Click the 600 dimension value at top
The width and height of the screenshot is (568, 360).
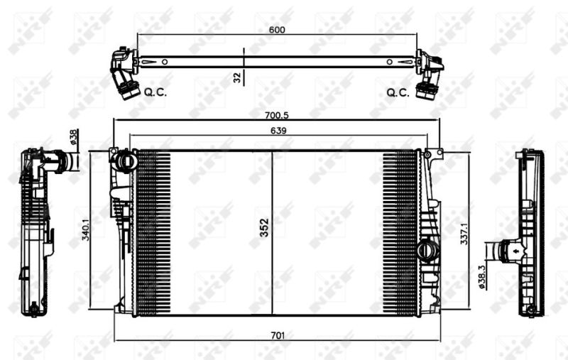[277, 30]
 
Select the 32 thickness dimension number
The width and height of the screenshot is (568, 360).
[236, 77]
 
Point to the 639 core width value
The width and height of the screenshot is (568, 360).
[278, 130]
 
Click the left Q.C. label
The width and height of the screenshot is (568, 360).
[155, 92]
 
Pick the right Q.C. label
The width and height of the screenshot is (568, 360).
[398, 92]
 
